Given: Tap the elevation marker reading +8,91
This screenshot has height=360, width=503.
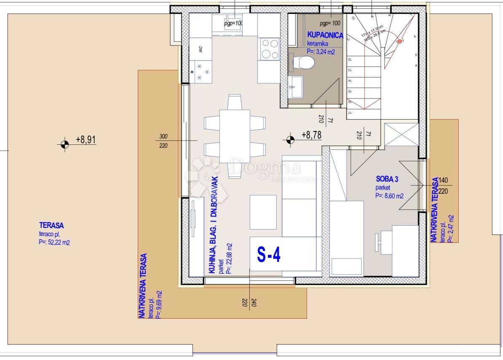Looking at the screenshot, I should click(64, 144).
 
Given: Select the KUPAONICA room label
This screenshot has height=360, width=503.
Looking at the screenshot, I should click(325, 35).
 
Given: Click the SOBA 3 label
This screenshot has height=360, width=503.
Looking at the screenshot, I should click(387, 179).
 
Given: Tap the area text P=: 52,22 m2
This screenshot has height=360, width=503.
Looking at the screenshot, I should click(54, 242).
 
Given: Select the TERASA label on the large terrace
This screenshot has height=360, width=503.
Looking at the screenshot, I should click(51, 226).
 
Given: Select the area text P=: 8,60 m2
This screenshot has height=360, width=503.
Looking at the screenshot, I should click(389, 196).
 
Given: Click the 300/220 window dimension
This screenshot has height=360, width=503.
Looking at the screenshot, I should click(164, 141).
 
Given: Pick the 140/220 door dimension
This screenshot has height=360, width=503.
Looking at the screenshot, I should click(444, 185).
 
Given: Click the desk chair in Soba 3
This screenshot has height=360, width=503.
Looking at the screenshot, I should click(379, 241).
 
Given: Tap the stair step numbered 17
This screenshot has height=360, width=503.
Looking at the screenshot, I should click(350, 113).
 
